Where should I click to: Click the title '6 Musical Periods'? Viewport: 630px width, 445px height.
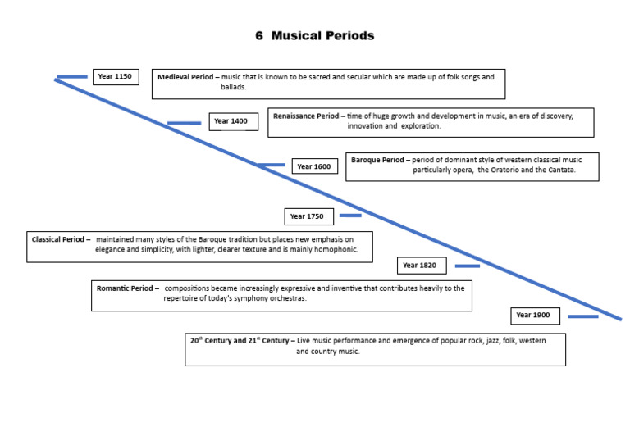[315, 36]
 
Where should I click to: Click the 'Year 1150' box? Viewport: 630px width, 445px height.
[115, 77]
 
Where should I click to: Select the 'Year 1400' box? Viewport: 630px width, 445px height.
[231, 121]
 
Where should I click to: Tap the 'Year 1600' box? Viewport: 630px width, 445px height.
[314, 166]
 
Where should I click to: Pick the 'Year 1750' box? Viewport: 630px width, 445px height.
[308, 216]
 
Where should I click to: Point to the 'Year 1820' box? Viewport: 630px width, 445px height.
[420, 266]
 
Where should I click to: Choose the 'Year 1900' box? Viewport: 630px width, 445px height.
[533, 316]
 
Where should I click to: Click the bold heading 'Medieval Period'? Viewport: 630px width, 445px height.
[188, 77]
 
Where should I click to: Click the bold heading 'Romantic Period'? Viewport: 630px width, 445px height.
[127, 288]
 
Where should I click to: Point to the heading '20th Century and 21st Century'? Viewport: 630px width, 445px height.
[242, 340]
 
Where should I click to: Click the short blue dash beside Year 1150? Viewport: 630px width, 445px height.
[72, 77]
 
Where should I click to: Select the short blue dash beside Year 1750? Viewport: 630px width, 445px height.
[350, 216]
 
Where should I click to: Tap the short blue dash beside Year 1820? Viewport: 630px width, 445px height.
[467, 266]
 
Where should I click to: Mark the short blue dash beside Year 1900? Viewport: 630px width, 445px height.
[582, 316]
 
